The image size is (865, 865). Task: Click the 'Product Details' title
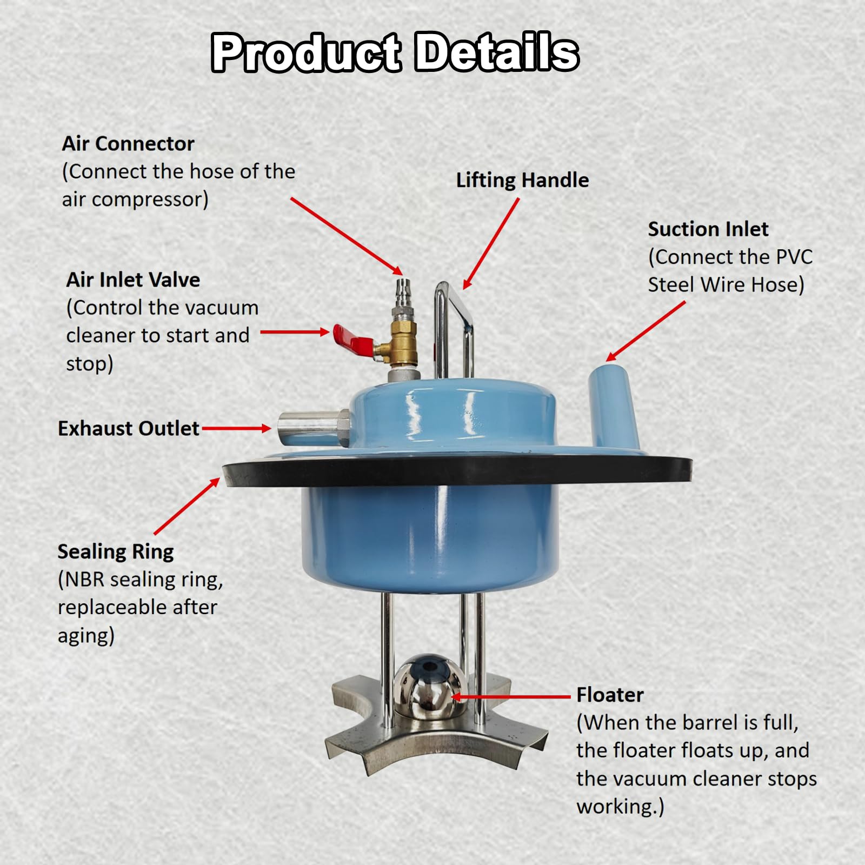pos(395,52)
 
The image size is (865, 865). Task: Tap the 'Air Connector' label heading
pos(128,143)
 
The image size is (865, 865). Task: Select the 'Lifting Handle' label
pos(522,180)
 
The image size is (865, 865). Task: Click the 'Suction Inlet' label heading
pos(708,229)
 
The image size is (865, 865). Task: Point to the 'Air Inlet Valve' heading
pos(133,280)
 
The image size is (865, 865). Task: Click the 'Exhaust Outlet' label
pos(129,428)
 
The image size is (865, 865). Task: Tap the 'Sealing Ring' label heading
pos(116,551)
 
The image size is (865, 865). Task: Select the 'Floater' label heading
pos(610,695)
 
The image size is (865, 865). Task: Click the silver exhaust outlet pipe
pos(314,429)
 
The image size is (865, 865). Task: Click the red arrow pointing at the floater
pos(511,697)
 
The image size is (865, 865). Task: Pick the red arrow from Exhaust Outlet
pos(236,428)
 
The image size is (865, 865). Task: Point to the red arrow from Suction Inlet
pos(646,331)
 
